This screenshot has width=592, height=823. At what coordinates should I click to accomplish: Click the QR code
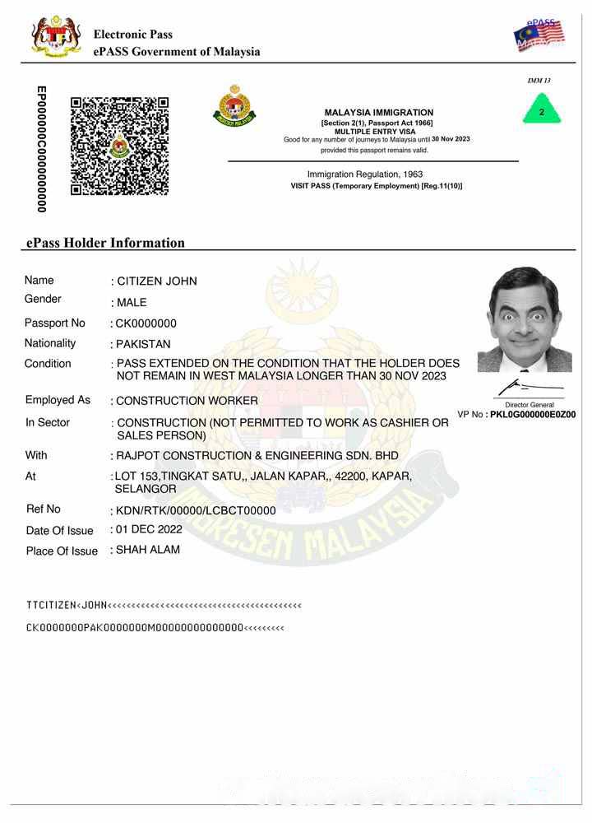pyautogui.click(x=119, y=146)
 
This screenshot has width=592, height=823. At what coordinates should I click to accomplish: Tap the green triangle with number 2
pyautogui.click(x=541, y=110)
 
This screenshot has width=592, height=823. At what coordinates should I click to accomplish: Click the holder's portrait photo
pyautogui.click(x=525, y=319)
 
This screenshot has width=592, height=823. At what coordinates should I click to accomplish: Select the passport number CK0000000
pyautogui.click(x=146, y=323)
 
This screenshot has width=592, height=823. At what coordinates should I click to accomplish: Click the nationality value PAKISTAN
pyautogui.click(x=144, y=344)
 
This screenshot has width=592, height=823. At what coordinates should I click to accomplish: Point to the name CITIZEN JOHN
pyautogui.click(x=157, y=281)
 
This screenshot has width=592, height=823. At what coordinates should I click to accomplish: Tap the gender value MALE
pyautogui.click(x=132, y=302)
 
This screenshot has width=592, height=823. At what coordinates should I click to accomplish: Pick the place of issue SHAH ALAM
pyautogui.click(x=148, y=550)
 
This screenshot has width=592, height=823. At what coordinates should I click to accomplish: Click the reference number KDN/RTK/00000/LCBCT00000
pyautogui.click(x=196, y=510)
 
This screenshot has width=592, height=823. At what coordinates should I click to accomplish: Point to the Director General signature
pyautogui.click(x=527, y=387)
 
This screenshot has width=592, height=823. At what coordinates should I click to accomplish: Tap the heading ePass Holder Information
pyautogui.click(x=105, y=243)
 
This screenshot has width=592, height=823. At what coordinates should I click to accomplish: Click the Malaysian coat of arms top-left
pyautogui.click(x=56, y=36)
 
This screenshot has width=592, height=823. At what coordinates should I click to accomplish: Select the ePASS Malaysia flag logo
pyautogui.click(x=539, y=35)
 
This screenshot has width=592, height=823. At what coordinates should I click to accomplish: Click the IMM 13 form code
pyautogui.click(x=539, y=81)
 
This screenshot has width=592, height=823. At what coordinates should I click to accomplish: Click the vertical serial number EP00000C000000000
pyautogui.click(x=41, y=148)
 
